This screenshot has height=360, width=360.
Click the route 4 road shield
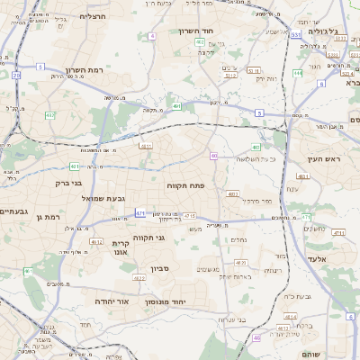[x=152, y=36]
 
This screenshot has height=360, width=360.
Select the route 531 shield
[x=296, y=35]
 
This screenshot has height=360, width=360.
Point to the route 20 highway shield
[x=17, y=76]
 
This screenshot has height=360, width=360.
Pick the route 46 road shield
[x=256, y=337]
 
